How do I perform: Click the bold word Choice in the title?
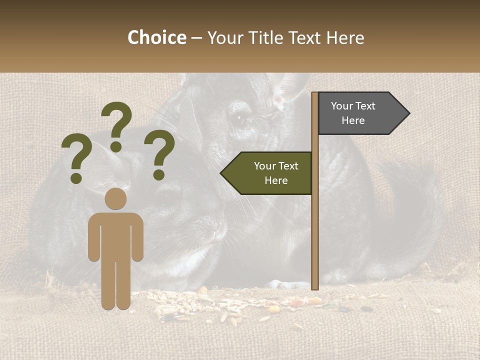156,37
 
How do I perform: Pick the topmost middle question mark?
117,125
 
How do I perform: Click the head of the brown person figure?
115,198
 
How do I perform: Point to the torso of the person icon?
115,235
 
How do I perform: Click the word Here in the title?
345,37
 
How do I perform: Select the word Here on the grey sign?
353,120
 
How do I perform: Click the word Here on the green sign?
276,180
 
